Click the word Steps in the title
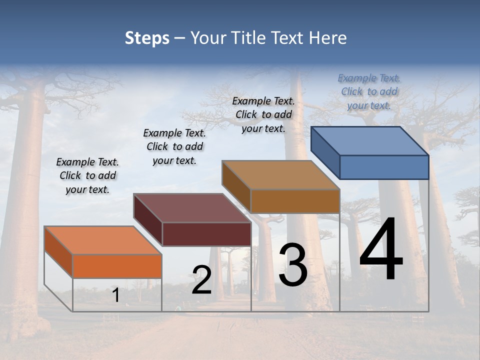(147, 38)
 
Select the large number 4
(381, 250)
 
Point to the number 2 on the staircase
(201, 280)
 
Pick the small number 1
(116, 295)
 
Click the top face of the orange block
(103, 240)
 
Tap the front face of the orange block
(117, 266)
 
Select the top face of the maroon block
(192, 208)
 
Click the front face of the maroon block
(206, 234)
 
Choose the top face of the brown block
(280, 175)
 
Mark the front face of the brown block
(295, 201)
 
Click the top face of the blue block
(369, 140)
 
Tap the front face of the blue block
(384, 167)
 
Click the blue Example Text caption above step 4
(369, 91)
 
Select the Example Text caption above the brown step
(263, 114)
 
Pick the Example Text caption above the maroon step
(174, 146)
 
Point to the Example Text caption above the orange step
(87, 175)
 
